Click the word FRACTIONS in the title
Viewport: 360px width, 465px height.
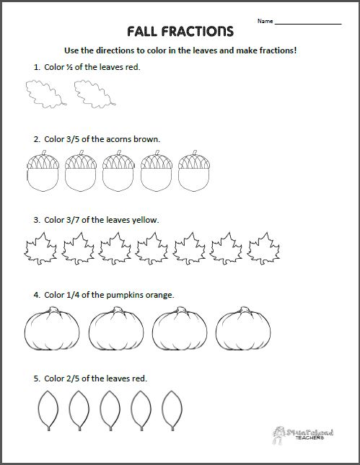pos(200,31)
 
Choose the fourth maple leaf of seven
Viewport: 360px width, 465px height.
pos(153,249)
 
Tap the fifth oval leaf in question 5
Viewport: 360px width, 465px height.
pos(171,411)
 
